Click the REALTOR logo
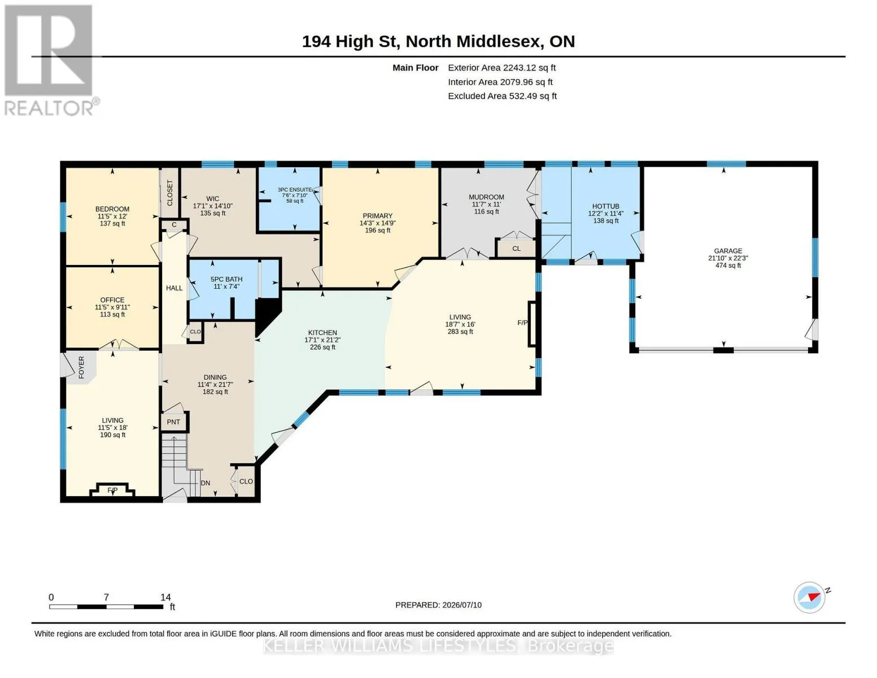[51, 60]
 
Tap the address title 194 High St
[351, 41]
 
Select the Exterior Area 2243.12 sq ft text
[501, 68]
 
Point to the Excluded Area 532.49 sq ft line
[502, 96]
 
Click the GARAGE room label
[728, 251]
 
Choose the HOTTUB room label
[605, 206]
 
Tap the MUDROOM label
[486, 197]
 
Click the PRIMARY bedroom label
[377, 216]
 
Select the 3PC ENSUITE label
[295, 190]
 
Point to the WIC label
[213, 199]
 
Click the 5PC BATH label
[226, 279]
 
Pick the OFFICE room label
[112, 299]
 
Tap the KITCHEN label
[322, 333]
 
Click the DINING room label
[215, 377]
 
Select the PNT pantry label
[173, 422]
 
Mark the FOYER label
[81, 367]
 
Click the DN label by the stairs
[206, 483]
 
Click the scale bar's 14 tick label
[165, 597]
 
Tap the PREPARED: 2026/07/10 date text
[438, 605]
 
